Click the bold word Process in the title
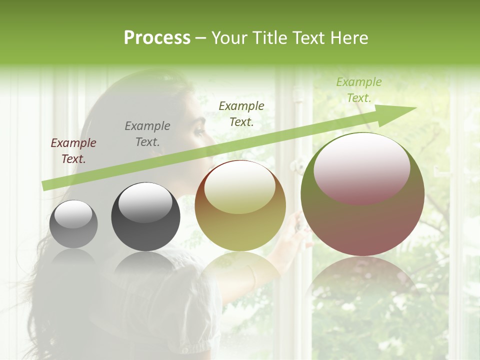157,37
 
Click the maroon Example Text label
73,151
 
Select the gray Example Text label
147,134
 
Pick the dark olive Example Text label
241,113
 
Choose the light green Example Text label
359,90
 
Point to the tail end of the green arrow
45,185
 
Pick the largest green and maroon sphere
362,225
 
